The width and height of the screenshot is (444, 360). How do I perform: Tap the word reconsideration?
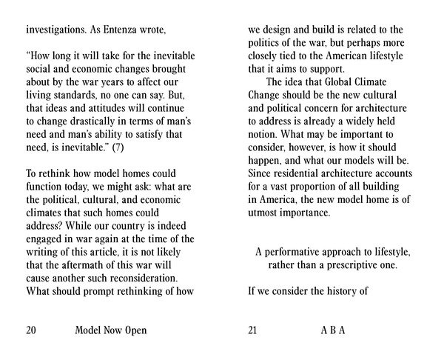coord(141,278)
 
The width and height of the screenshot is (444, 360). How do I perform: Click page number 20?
coord(31,330)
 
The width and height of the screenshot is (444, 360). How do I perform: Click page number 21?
coord(253,330)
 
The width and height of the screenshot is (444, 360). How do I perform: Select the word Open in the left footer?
coord(135,330)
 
